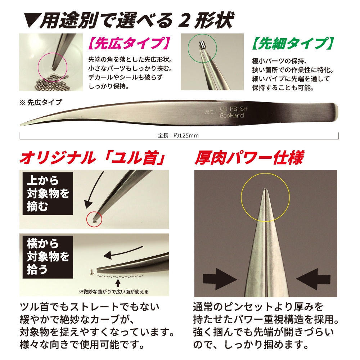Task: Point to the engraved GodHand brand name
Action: click(232, 115)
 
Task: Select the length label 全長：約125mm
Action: click(179, 136)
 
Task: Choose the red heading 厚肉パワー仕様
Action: click(249, 157)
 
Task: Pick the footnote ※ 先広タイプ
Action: click(41, 102)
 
